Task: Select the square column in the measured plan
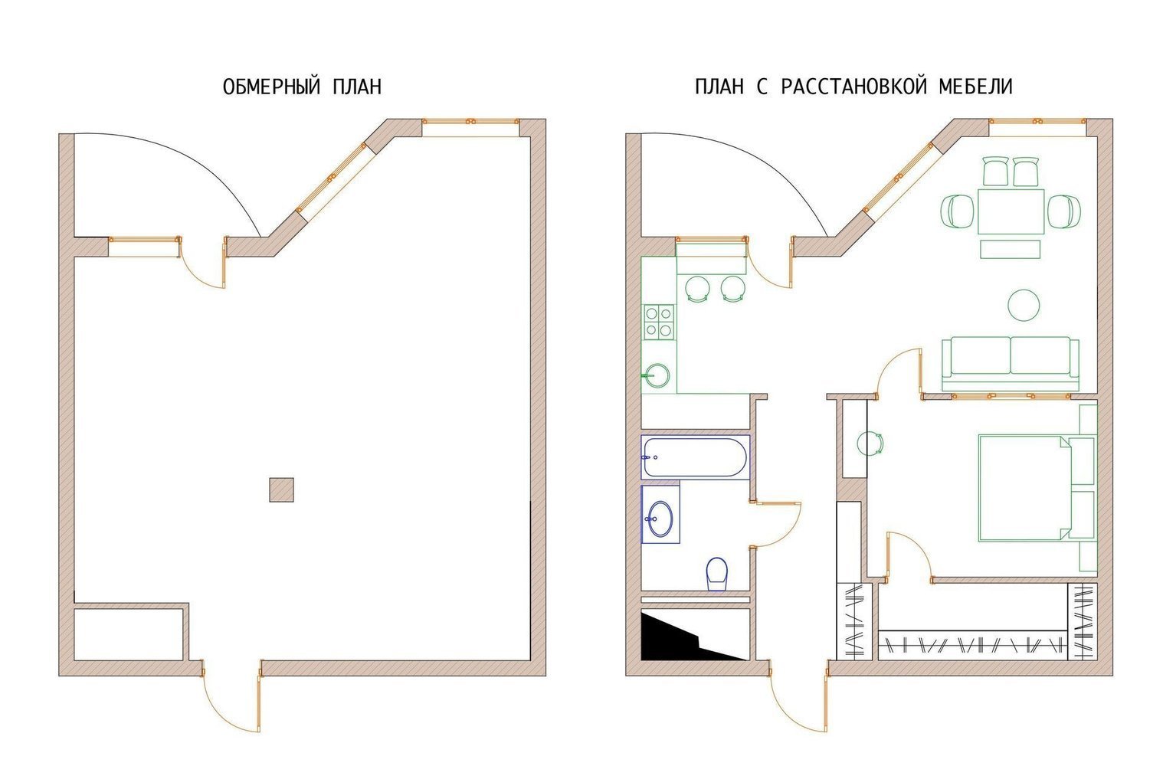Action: pyautogui.click(x=281, y=490)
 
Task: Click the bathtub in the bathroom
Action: pyautogui.click(x=695, y=457)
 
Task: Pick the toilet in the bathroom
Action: pyautogui.click(x=717, y=574)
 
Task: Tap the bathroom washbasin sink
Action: pyautogui.click(x=660, y=517)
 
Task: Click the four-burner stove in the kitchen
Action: pyautogui.click(x=660, y=322)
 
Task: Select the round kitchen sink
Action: pyautogui.click(x=657, y=375)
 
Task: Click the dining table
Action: pyautogui.click(x=1011, y=211)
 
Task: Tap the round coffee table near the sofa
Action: pyautogui.click(x=1024, y=305)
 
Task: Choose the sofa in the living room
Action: pyautogui.click(x=1011, y=363)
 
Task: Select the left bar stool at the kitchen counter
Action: pyautogui.click(x=696, y=288)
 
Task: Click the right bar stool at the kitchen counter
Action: pyautogui.click(x=733, y=288)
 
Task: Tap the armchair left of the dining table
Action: pyautogui.click(x=957, y=211)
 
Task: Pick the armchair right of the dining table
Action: pyautogui.click(x=1064, y=211)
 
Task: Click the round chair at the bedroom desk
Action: pyautogui.click(x=870, y=444)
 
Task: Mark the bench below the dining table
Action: pyautogui.click(x=1011, y=249)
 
